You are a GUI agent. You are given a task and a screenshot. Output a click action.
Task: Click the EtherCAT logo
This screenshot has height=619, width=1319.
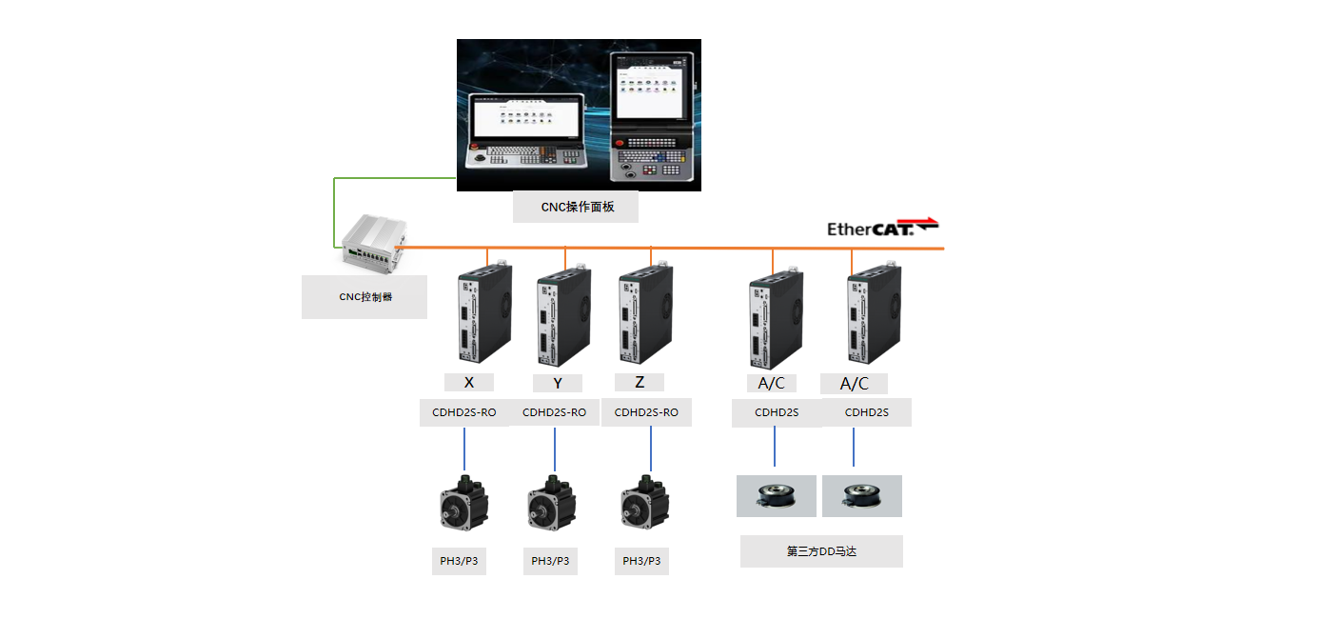883,228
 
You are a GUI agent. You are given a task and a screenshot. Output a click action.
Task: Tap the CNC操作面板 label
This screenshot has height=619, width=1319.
577,207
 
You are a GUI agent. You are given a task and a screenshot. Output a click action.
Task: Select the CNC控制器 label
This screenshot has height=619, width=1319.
365,297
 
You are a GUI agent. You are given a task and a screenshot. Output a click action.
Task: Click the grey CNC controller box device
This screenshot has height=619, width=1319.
374,241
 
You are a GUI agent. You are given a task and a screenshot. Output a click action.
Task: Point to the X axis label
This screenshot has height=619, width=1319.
469,382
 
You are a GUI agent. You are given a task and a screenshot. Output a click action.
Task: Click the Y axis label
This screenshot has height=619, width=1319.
558,384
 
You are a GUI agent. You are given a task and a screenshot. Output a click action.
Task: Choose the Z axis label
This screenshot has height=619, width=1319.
640,382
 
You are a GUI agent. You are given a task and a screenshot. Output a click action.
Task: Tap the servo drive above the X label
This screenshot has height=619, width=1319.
484,312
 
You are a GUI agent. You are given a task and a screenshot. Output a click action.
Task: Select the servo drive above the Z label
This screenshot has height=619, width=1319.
646,313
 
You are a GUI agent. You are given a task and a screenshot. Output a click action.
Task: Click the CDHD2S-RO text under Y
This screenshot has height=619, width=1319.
554,412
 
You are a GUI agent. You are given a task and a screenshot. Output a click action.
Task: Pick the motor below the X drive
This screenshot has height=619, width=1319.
464,504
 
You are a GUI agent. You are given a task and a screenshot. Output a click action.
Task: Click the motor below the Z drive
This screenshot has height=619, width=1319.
645,503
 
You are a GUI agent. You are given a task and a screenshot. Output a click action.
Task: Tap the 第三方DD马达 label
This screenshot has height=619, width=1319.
821,551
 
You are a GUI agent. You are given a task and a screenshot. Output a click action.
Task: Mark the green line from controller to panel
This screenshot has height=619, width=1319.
334,200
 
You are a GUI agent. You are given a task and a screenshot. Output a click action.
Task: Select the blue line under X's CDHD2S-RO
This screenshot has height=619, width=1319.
464,449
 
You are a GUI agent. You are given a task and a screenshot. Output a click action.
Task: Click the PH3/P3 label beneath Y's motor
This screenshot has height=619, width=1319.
550,561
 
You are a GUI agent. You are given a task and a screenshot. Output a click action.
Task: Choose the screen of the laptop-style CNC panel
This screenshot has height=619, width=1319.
527,117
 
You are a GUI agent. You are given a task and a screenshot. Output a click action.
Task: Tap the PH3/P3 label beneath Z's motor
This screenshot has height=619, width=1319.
641,561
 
